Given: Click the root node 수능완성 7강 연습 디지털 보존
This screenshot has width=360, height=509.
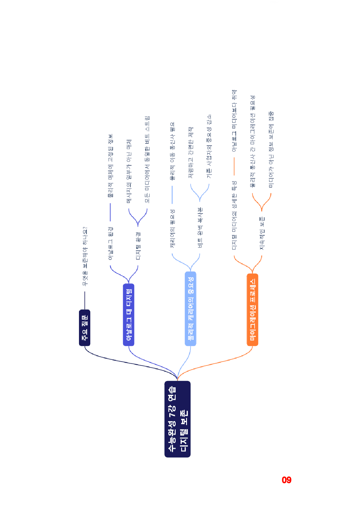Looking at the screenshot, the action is point(177,419).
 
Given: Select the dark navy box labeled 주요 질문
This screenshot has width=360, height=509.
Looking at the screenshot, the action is point(85,328).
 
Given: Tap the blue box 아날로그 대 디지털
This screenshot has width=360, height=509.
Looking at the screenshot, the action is point(129,315).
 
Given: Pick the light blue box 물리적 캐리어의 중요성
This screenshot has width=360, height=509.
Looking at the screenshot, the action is point(190,308).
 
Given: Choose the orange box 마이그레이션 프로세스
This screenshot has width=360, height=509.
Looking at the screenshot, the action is point(253,310).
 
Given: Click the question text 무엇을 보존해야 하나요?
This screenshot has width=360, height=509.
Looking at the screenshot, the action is point(85,256).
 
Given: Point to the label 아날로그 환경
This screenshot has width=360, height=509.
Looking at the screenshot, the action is point(110,243).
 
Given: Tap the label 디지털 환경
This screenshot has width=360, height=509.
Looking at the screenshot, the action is point(138,246).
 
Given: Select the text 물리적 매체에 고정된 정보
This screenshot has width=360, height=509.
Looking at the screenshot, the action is point(110,166).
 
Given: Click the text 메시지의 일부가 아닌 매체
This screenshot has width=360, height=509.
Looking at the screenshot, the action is point(129,171).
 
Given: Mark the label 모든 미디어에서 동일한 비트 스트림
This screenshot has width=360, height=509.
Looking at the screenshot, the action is point(147,159).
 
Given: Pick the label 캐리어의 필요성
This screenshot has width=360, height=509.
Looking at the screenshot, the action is point(172,228).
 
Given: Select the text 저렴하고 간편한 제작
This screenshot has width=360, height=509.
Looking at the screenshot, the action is point(191,152).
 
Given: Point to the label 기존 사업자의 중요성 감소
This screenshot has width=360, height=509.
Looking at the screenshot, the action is point(209,146).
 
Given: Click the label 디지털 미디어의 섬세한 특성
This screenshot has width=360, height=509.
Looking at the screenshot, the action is point(234,215).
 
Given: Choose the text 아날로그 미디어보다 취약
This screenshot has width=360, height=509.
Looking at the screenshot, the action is point(234,120).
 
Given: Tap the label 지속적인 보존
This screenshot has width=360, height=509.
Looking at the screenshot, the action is point(262,233).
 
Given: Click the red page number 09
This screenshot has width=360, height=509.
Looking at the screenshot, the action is point(287,480).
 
